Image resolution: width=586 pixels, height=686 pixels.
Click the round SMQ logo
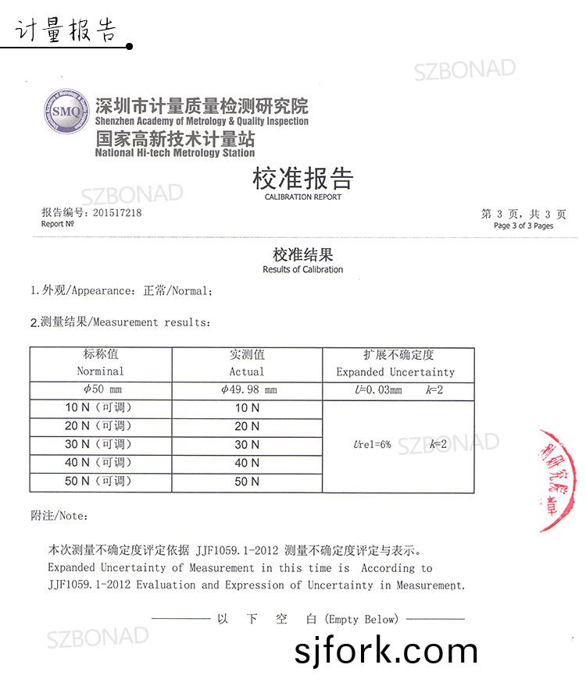coord(66,112)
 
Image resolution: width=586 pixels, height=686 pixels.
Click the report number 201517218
coord(117,213)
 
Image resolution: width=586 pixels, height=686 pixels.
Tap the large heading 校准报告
coord(302,179)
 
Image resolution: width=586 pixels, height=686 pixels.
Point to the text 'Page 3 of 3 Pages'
coord(523,226)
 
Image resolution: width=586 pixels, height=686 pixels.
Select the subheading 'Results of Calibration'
coord(302,270)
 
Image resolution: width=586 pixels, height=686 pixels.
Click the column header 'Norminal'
coord(100,371)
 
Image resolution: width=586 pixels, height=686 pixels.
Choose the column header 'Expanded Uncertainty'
coord(395,372)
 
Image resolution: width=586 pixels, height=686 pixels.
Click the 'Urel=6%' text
coord(372,445)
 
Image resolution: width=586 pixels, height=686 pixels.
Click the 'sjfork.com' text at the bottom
coord(385,651)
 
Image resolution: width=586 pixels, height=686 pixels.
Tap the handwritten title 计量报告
coord(66,30)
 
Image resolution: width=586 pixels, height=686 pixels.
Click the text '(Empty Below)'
coord(360,620)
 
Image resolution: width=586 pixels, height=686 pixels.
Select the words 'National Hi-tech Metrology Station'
coord(174,153)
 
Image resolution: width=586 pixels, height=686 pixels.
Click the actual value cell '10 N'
coord(247,408)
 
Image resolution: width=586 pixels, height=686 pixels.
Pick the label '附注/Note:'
coord(59,516)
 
